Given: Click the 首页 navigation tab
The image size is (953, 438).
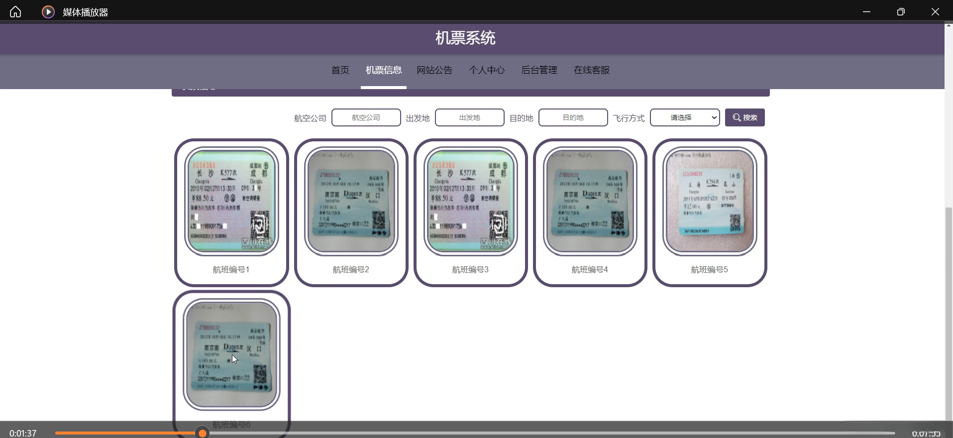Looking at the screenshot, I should point(340,70).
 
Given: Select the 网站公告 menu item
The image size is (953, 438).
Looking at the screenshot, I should point(434,70).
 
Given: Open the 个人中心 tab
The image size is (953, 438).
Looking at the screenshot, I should point(487,70).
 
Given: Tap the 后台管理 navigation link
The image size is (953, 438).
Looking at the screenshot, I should point(539,70).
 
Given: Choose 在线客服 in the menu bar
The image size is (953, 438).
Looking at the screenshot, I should point(592,70).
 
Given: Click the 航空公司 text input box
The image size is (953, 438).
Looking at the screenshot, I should point(366,117).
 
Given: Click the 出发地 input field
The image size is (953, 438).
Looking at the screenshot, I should point(469,117).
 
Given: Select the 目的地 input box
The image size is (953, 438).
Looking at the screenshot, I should point(573,117).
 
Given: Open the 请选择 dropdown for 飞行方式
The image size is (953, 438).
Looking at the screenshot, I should point(684,117).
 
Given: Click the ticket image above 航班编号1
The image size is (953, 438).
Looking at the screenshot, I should point(231,201).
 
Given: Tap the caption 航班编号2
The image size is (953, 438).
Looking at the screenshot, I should point(351,269).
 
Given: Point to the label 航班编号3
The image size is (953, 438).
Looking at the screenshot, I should point(470,269).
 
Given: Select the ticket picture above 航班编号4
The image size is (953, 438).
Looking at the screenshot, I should point(590,201).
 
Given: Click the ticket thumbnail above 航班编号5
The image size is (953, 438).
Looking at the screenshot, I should point(710,201).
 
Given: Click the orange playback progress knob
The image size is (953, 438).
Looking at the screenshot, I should point(202,433).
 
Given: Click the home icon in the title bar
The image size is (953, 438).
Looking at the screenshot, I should point(15,11).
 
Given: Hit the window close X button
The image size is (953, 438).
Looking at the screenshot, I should point(935,11).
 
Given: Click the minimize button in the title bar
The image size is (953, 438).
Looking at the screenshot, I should point(866,11).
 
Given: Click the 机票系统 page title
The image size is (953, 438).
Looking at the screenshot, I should point(465,38).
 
